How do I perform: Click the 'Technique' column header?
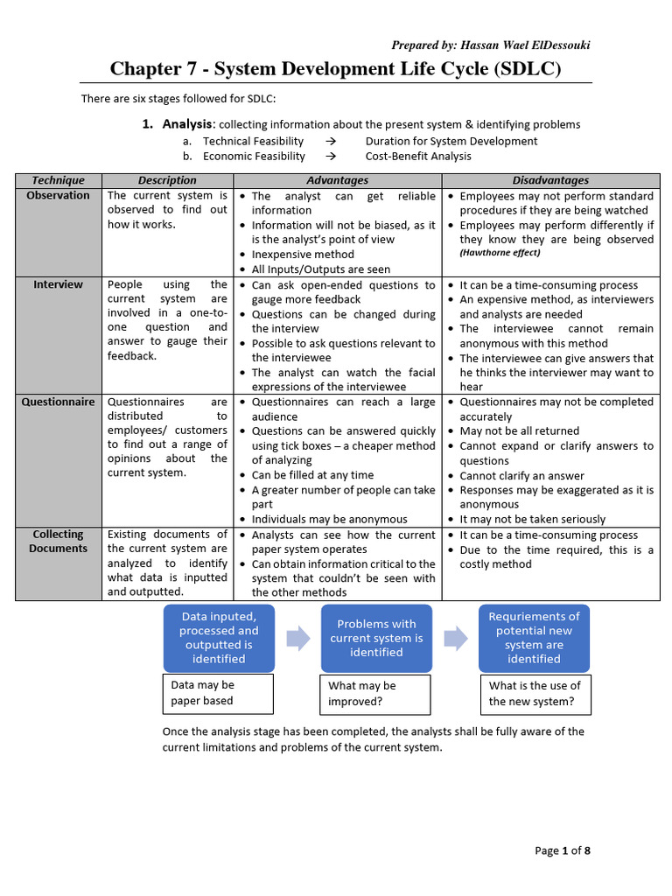pos(59,180)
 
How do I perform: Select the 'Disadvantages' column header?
pos(550,180)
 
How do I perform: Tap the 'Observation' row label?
pos(59,195)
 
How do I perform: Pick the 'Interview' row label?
pos(59,284)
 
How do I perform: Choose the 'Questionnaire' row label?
pos(59,402)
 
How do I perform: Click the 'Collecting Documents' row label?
pos(59,542)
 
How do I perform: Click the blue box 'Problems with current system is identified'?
pos(376,638)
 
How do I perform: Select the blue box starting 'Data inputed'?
pos(219,638)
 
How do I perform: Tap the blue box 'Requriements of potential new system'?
pos(534,638)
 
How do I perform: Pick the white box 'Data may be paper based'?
pos(219,693)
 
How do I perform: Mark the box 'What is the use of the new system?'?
pos(534,694)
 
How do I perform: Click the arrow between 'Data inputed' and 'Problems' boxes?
pos(298,638)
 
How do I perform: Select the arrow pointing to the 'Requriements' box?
pos(456,638)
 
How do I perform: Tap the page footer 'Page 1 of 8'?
pos(563,850)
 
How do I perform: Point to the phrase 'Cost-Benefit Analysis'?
pos(418,156)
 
